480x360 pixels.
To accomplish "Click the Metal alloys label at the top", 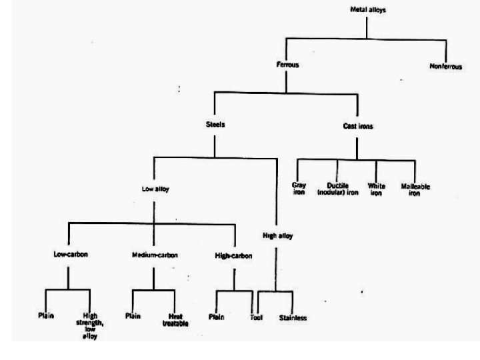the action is click(x=368, y=10).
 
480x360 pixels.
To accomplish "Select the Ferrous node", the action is click(x=287, y=65).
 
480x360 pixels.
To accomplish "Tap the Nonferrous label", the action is click(x=446, y=67).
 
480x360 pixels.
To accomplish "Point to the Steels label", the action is click(x=215, y=124).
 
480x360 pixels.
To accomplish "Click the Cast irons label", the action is click(x=357, y=126).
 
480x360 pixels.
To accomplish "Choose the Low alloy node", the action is click(x=155, y=189).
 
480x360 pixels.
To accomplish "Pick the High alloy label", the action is click(x=277, y=235).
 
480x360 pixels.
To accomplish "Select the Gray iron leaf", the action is click(x=299, y=189).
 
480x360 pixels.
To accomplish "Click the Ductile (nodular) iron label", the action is click(x=337, y=189).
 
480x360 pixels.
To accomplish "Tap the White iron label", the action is click(x=377, y=189).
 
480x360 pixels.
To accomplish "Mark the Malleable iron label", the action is click(x=415, y=190).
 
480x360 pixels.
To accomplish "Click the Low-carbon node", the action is click(x=71, y=254).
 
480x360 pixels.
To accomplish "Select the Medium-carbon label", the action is click(x=154, y=254).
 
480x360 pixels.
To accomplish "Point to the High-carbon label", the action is click(x=234, y=255).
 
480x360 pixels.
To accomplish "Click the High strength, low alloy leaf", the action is click(x=91, y=325).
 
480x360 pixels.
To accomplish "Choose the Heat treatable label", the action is click(x=175, y=319).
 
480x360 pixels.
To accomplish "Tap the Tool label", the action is click(x=257, y=317).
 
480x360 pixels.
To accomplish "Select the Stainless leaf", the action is click(x=293, y=318).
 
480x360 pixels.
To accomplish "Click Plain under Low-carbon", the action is click(x=45, y=315).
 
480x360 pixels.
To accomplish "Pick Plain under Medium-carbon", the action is click(x=133, y=315).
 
